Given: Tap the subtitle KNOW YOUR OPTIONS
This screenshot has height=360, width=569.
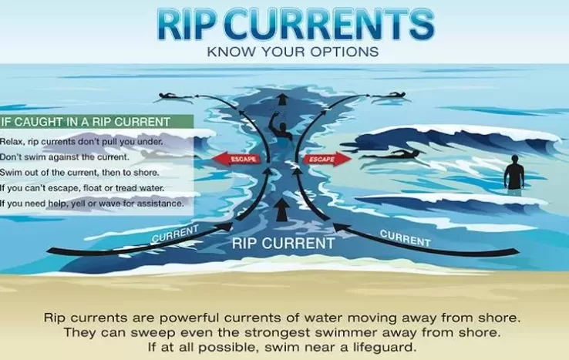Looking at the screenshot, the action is (293, 52).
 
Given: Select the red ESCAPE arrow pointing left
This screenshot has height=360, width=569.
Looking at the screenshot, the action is (237, 159).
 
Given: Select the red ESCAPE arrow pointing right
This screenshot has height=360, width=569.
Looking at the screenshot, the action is (328, 159).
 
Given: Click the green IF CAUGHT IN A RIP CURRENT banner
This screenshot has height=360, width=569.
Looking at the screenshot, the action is (96, 122).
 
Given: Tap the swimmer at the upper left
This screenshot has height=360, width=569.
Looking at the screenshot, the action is (173, 97).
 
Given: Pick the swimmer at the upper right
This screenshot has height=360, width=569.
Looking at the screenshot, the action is (389, 96).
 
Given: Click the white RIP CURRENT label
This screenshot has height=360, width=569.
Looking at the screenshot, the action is (284, 243).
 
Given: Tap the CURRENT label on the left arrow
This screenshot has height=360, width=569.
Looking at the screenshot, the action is (175, 234).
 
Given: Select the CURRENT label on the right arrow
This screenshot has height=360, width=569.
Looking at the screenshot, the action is (406, 238).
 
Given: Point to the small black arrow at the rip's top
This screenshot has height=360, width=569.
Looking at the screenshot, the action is (282, 99).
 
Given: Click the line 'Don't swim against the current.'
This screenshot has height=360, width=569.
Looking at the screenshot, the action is (65, 157).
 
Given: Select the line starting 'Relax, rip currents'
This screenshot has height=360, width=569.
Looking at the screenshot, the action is (81, 142).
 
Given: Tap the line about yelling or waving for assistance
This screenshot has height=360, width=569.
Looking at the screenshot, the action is (92, 204).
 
